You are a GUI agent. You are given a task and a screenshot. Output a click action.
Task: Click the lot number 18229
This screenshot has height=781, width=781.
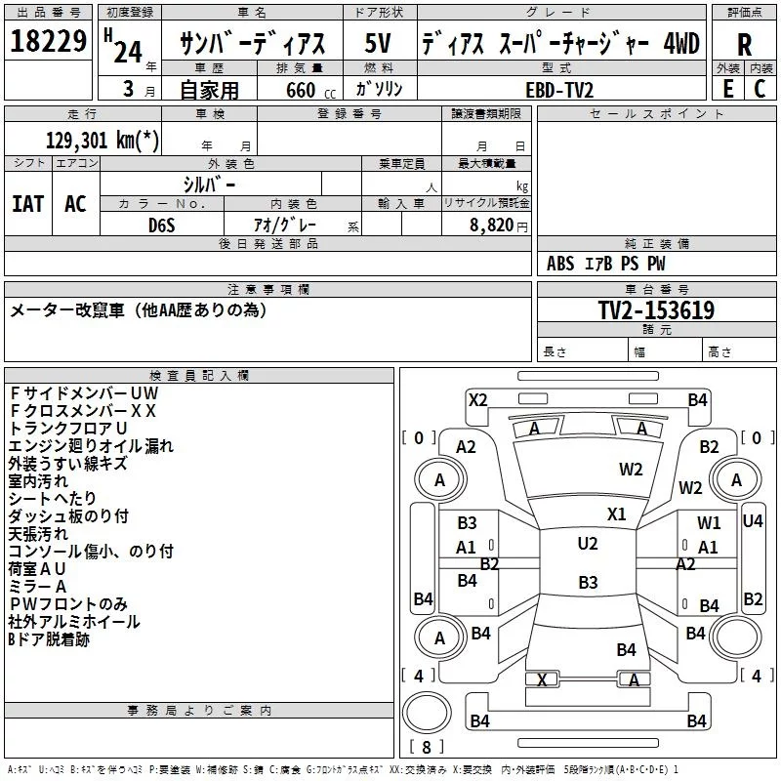(x=48, y=41)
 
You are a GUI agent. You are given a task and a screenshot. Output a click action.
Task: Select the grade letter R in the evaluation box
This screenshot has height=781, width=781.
(x=744, y=45)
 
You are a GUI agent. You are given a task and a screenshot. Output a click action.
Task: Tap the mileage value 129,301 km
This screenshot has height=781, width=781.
(x=103, y=140)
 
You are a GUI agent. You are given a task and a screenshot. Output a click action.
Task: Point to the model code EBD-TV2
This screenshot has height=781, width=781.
(x=559, y=90)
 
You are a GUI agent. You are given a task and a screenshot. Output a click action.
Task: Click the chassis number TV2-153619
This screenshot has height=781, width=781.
(x=656, y=309)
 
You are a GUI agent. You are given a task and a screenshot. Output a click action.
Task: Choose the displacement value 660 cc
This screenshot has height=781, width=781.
(x=310, y=90)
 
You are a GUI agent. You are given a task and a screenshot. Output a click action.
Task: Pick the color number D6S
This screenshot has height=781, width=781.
(x=162, y=226)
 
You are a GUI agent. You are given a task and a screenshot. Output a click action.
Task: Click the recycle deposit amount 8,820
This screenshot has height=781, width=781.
(x=492, y=225)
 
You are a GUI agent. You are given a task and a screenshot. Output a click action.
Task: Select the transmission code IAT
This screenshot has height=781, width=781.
(x=28, y=204)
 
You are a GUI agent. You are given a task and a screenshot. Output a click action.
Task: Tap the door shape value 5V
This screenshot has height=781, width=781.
(x=378, y=43)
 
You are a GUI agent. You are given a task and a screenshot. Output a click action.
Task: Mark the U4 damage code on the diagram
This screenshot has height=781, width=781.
(x=753, y=521)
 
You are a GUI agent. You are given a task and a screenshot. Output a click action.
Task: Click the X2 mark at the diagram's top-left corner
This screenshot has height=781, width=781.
(x=477, y=400)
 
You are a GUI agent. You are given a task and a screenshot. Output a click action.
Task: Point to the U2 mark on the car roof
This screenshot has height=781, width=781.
(x=588, y=544)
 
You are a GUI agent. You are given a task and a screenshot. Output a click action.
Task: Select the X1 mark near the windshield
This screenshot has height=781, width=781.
(x=617, y=514)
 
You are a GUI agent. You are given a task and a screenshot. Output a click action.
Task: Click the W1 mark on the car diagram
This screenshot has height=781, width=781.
(x=709, y=522)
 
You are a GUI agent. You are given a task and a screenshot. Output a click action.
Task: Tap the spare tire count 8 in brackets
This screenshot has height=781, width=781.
(x=427, y=747)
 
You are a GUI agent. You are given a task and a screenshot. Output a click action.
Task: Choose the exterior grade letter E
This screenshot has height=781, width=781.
(x=728, y=89)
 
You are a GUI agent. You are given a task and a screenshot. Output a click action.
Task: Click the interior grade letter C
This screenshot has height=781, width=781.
(x=760, y=89)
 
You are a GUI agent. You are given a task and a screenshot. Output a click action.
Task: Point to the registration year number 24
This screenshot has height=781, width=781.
(x=128, y=52)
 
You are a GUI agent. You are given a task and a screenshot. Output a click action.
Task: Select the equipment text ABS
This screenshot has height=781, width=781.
(x=560, y=264)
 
